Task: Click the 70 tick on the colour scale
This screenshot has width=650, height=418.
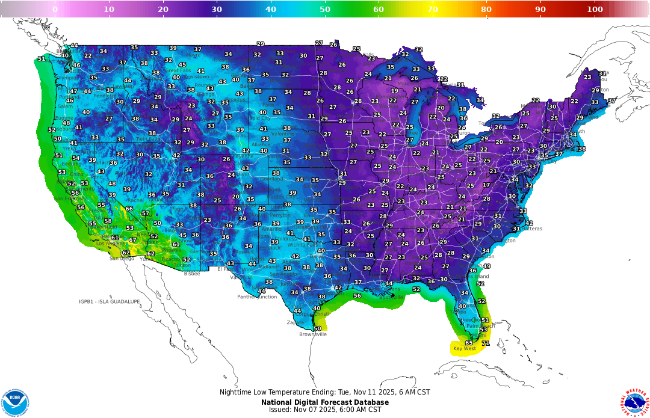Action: [433, 9]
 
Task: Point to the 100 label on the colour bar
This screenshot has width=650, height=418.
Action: [595, 9]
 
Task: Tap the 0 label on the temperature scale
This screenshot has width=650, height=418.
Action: [55, 9]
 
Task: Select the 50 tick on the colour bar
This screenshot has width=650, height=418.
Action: [325, 9]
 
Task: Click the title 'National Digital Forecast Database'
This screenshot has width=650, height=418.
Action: [325, 402]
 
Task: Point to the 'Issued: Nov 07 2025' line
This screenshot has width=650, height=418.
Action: [325, 410]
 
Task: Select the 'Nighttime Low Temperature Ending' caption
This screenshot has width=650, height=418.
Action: [325, 392]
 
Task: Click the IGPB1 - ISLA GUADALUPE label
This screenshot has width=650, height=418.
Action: [109, 301]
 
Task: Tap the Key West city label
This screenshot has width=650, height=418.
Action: [465, 349]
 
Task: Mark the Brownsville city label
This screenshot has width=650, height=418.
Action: [313, 334]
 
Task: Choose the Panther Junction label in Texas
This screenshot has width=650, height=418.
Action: [257, 297]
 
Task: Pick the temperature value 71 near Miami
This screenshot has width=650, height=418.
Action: [486, 343]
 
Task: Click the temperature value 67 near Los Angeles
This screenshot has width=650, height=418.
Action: [133, 240]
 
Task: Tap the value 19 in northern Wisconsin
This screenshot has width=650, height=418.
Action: [395, 91]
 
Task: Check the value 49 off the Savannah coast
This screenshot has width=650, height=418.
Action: [487, 266]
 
